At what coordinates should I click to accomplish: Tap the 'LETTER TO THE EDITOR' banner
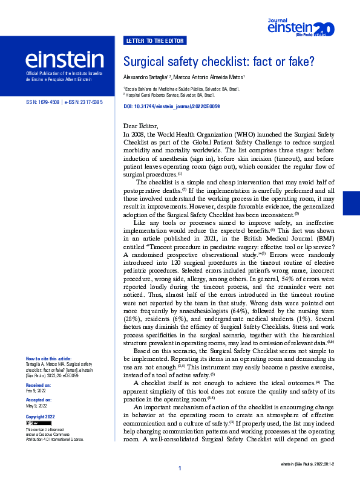(155, 41)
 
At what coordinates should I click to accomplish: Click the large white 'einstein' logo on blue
(64, 59)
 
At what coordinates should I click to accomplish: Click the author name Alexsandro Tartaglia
(146, 77)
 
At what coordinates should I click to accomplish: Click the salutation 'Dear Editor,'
(140, 125)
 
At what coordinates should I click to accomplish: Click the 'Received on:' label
(39, 384)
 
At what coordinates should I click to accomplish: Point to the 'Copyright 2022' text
(40, 417)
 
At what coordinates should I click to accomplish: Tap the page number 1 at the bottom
(180, 469)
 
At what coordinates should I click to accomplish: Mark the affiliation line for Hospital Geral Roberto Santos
(169, 96)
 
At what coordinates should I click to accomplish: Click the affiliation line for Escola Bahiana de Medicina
(181, 89)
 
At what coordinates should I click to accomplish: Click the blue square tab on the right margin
(351, 203)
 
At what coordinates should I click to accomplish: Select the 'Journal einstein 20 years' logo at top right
(300, 27)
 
